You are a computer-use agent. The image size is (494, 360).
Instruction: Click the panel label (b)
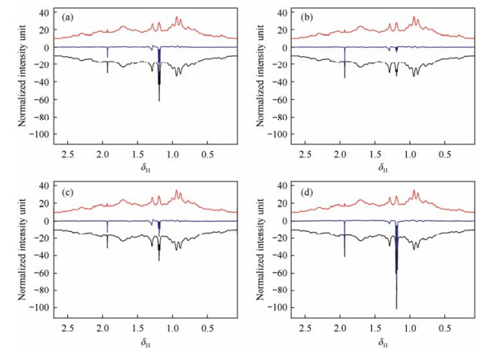[301, 14]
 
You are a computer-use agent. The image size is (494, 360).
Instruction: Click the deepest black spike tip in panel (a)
[159, 101]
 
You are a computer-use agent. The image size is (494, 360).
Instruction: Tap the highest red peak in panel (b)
[414, 18]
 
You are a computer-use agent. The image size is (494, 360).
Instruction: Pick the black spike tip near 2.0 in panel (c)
[107, 248]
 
